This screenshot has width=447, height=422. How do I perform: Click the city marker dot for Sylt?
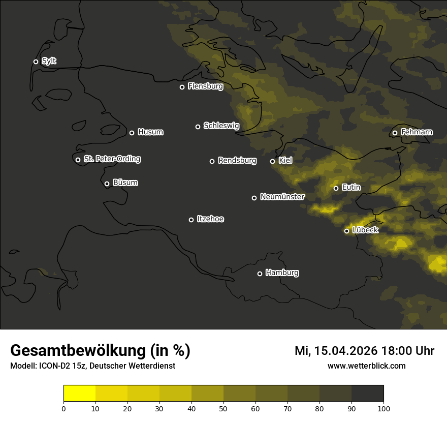36,62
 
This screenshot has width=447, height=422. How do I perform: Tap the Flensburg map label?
205,86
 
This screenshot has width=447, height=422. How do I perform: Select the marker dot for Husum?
132,133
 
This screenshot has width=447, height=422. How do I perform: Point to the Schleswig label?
221,126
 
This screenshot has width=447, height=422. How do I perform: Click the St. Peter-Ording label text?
112,159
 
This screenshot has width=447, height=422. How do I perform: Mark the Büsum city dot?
107,184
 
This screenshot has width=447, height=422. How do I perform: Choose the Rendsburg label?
237,161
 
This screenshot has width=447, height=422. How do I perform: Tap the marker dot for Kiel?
272,161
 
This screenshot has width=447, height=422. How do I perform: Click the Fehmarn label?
417,132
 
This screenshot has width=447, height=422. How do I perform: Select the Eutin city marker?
336,188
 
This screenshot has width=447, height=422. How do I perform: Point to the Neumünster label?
282,197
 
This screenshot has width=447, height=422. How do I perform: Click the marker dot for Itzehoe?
191,220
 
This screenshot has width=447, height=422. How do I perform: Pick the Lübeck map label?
365,230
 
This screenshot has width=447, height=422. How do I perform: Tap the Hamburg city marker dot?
260,274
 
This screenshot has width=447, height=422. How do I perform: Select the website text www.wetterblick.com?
366,366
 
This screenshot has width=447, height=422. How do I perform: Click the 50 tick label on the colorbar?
223,408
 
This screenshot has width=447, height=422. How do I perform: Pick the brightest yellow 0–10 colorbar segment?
79,394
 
